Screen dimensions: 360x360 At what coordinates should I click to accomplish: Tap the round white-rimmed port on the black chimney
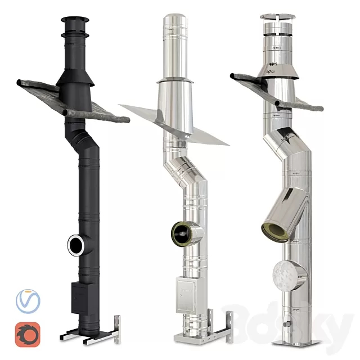[76, 244]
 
